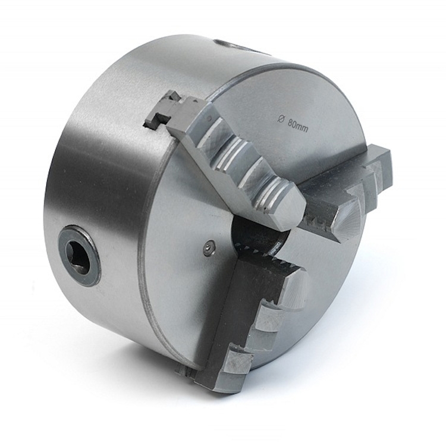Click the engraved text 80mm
point(298,125)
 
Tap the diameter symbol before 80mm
point(280,120)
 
